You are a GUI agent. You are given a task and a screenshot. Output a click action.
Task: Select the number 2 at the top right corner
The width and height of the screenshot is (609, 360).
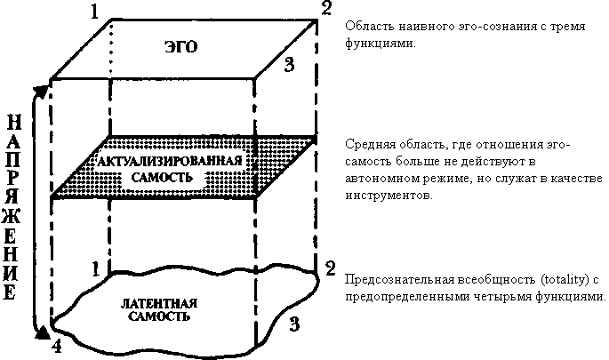[326, 11]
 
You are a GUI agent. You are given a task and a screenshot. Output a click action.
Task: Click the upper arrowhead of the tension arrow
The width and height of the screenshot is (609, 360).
[38, 91]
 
